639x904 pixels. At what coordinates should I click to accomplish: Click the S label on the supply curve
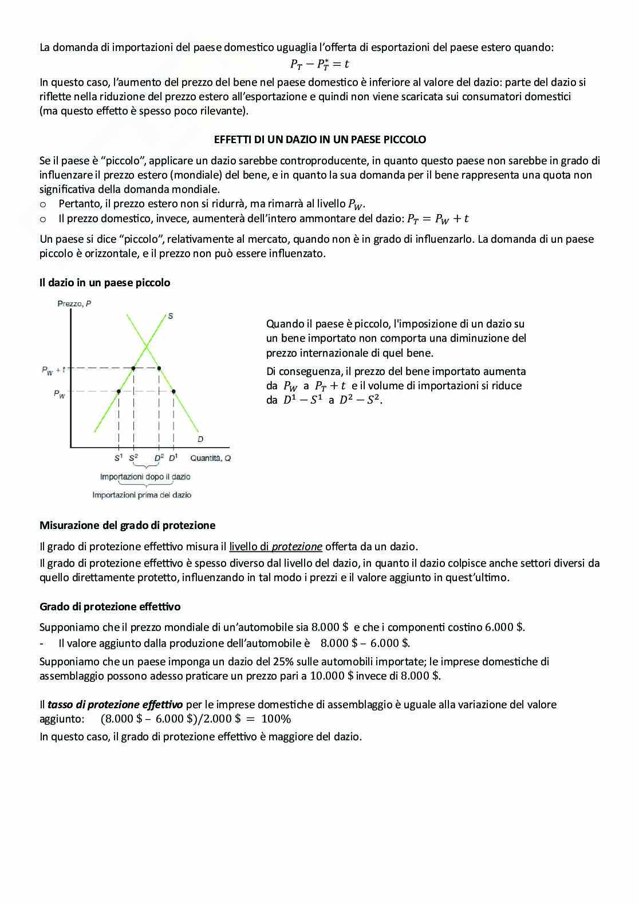(171, 316)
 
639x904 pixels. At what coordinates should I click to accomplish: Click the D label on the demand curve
(200, 439)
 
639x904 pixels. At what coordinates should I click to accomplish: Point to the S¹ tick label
(119, 458)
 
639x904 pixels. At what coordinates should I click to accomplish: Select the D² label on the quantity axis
(159, 458)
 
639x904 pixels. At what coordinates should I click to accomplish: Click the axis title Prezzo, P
(74, 303)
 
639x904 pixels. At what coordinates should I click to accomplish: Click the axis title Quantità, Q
(210, 458)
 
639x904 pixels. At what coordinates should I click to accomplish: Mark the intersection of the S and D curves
(147, 346)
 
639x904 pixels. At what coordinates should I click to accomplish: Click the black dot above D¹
(173, 392)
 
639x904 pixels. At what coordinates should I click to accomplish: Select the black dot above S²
(133, 368)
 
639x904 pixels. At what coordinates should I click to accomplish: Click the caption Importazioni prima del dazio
(142, 495)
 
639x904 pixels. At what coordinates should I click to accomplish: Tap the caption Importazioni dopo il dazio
(145, 476)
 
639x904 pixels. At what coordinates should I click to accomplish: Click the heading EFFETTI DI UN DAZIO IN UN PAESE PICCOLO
(319, 139)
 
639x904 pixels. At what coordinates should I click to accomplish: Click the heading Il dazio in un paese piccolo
(105, 282)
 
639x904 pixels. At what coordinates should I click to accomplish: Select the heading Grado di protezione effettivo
(110, 606)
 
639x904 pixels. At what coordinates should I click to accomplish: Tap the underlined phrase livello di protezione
(275, 546)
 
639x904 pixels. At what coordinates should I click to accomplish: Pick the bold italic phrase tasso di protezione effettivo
(115, 705)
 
